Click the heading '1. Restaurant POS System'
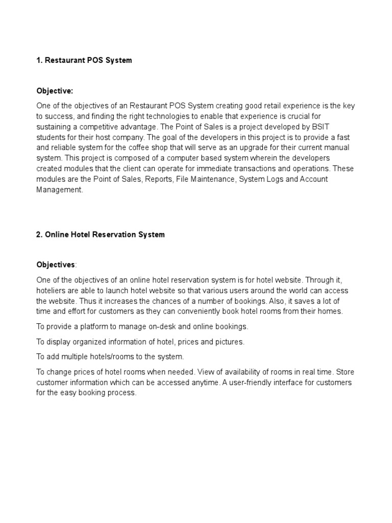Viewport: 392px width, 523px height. [84, 60]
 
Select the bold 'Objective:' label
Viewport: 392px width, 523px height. [55, 91]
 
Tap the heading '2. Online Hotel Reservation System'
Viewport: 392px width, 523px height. [101, 234]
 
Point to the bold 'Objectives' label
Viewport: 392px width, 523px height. [56, 265]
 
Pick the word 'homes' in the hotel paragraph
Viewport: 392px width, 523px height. [331, 311]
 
